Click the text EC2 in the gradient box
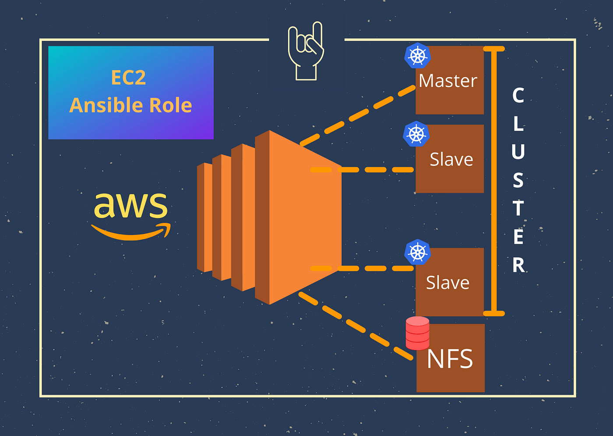(128, 78)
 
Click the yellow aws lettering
(130, 205)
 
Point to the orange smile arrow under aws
(131, 232)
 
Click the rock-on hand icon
(306, 52)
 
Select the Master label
(447, 81)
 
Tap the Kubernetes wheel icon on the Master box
(417, 56)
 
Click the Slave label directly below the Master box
(451, 159)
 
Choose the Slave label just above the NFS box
(447, 282)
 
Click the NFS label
(450, 359)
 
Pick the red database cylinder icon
(417, 333)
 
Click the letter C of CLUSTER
(518, 95)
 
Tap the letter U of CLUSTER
(518, 152)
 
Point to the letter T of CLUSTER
(518, 208)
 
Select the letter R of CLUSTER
(518, 265)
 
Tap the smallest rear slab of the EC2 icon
(204, 217)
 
